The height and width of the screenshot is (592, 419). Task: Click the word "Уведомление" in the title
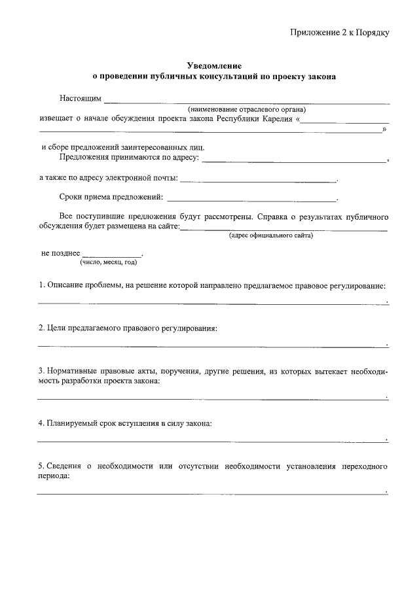click(214, 66)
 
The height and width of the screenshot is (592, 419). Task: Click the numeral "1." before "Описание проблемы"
click(41, 286)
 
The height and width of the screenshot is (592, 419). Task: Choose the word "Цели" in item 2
click(56, 328)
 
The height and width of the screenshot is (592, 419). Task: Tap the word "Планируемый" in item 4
click(74, 423)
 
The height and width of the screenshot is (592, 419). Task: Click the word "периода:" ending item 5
click(54, 477)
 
